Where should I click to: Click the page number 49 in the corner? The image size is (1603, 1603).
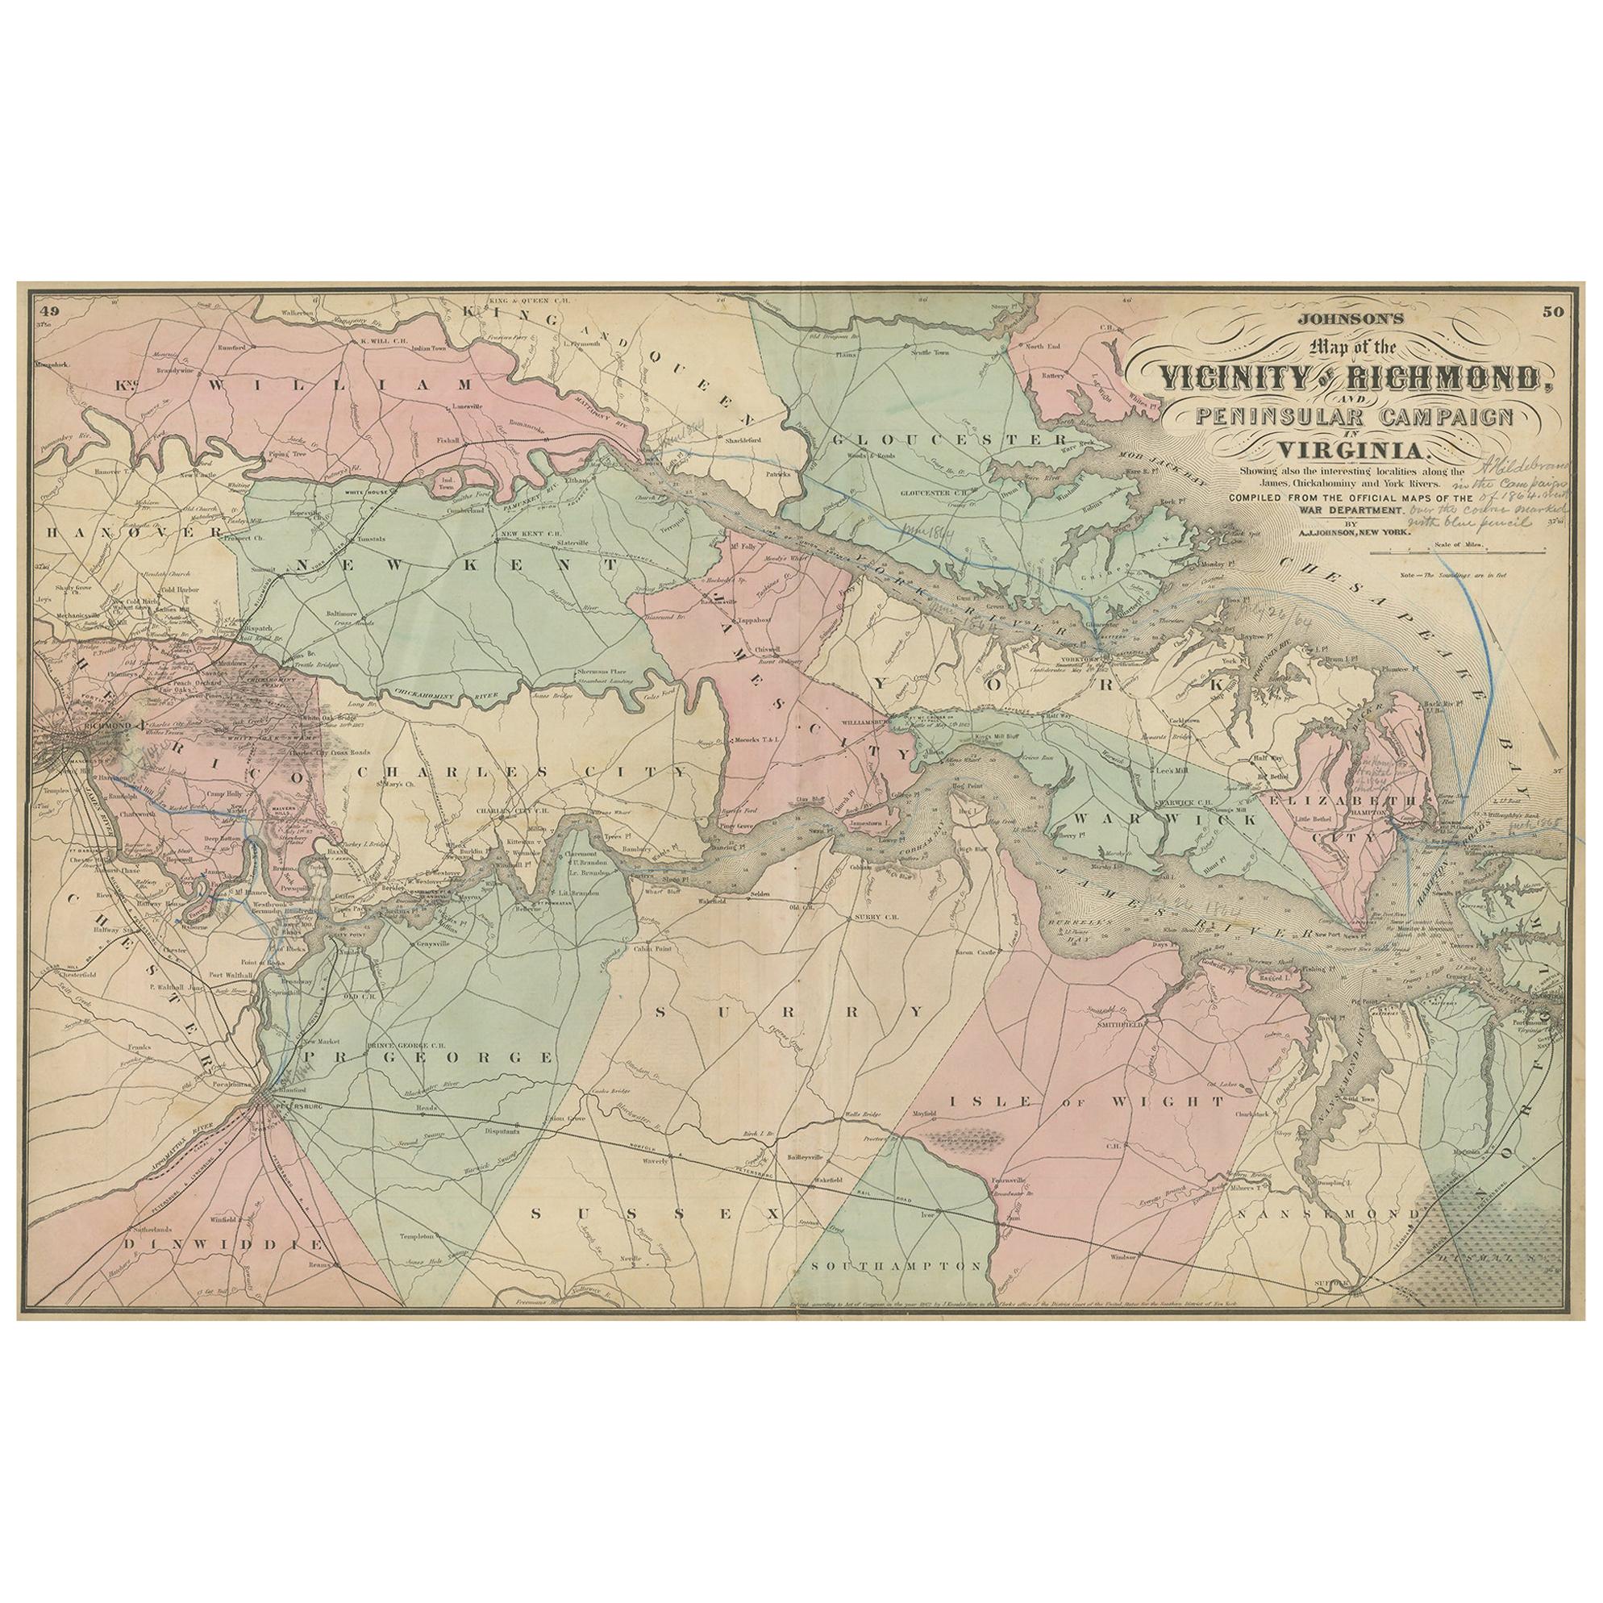[49, 313]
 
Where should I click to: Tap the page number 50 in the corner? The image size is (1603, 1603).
[1551, 313]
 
